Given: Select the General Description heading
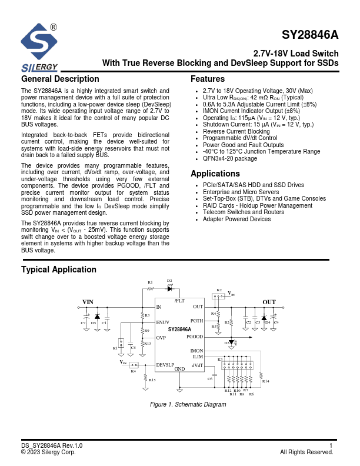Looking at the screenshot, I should tap(60, 79).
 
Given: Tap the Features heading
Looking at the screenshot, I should tap(208, 79).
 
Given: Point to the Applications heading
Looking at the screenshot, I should tap(215, 174).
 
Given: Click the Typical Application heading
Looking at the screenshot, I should tap(59, 269).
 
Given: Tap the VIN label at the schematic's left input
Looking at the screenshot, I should tap(88, 302).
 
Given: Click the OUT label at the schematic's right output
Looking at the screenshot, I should tap(269, 302).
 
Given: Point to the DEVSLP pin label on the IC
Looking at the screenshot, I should tap(165, 365).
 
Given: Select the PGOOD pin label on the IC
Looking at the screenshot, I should tap(195, 337).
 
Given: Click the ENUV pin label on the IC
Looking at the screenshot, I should tap(163, 322).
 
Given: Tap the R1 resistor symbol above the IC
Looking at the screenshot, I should tap(150, 289).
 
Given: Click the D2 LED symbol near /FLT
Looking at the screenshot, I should tap(170, 288).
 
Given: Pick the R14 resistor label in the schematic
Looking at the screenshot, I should tap(265, 382).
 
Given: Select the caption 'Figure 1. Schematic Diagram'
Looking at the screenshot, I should tap(188, 405).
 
